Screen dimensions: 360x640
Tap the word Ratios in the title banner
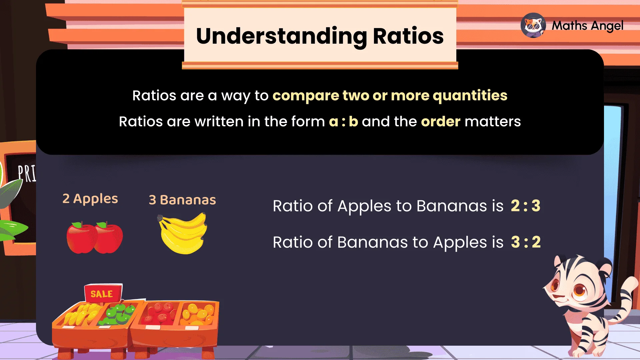408,36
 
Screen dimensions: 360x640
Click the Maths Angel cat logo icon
533,25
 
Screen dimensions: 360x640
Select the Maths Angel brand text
587,26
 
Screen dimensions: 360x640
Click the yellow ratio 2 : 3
525,206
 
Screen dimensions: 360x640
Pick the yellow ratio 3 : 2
525,242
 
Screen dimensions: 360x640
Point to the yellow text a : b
343,122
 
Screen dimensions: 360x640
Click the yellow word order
440,122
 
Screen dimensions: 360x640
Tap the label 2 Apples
90,199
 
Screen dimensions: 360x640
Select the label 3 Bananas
182,200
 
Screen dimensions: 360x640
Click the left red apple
81,238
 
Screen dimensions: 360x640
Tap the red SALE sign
102,293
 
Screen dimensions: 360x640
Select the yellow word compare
306,96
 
